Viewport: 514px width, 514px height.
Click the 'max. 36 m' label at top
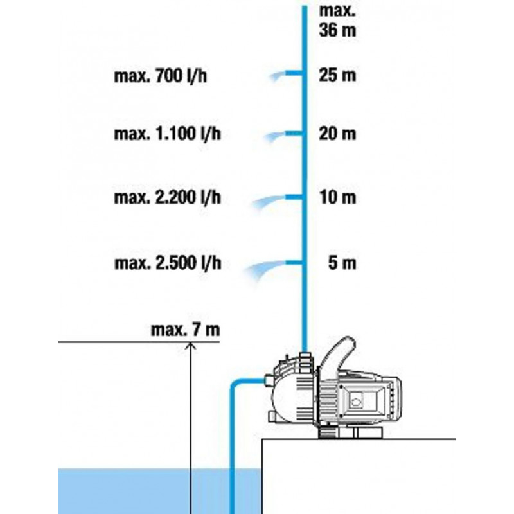337,20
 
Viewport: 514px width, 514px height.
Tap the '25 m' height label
337,76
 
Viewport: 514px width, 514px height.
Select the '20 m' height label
337,135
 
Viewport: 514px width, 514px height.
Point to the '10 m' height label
337,197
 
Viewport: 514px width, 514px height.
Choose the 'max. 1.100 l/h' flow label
169,135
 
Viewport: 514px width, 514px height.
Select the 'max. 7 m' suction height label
184,330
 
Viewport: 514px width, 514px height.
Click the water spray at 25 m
278,77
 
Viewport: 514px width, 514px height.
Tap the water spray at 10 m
270,202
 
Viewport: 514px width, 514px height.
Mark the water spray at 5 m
267,267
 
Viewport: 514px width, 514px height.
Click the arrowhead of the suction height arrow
190,347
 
